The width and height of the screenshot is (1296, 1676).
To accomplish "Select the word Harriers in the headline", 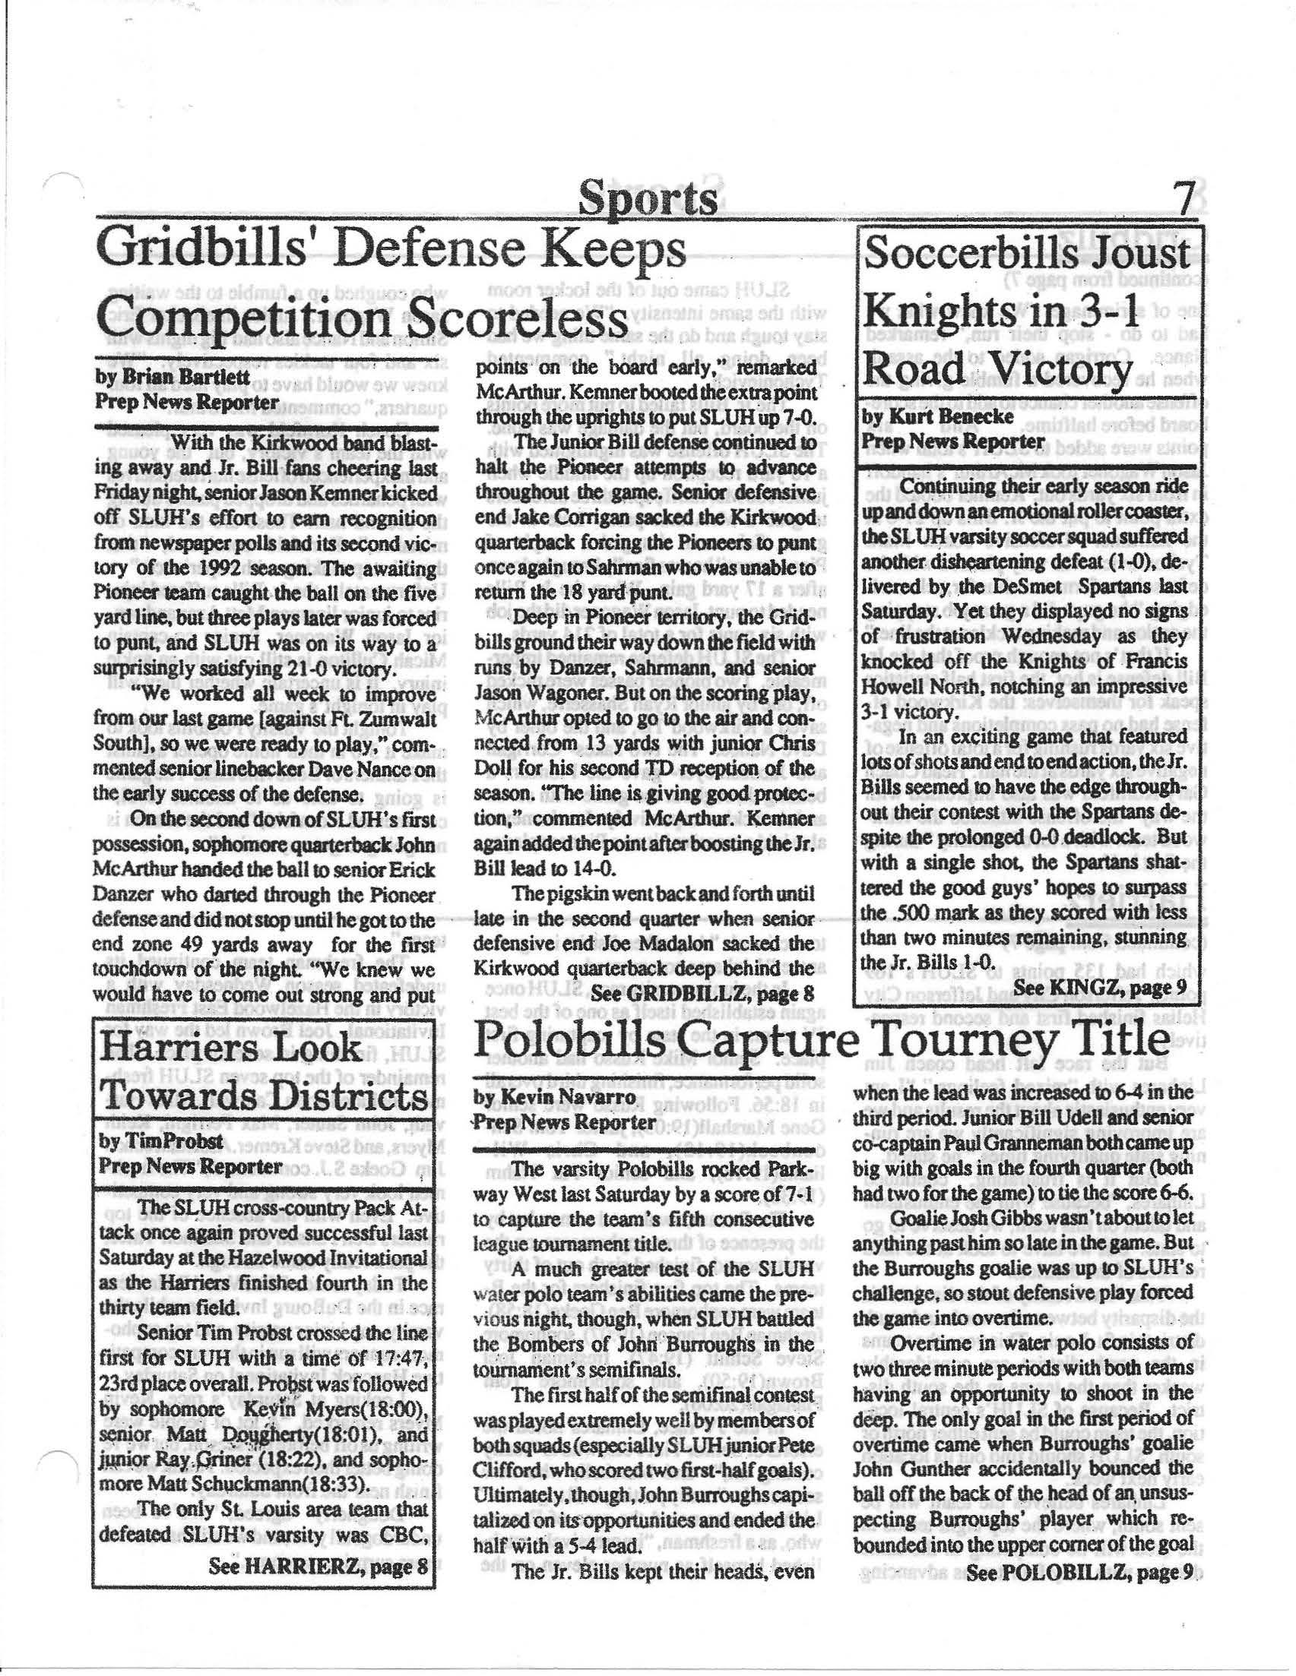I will pos(192,1048).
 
